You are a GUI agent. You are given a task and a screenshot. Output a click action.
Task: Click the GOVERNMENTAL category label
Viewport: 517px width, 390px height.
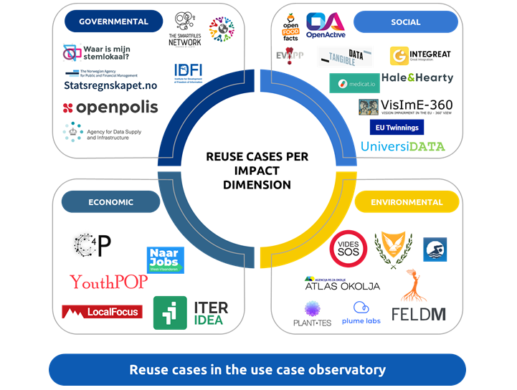tap(114, 22)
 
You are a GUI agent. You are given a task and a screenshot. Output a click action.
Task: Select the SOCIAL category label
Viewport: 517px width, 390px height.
tap(406, 22)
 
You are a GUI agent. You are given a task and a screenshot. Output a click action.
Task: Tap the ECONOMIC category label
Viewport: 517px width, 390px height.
tap(111, 202)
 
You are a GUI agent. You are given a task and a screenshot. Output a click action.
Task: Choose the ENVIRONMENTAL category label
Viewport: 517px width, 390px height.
tap(407, 202)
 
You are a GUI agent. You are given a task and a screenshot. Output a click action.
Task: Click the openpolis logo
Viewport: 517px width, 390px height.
tap(110, 108)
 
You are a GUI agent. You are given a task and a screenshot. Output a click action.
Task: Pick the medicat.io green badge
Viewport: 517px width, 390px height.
tap(354, 83)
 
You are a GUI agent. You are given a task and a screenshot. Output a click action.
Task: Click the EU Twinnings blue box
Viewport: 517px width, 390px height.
tap(397, 127)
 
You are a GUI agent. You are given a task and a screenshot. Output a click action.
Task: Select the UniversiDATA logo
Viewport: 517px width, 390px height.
tap(402, 146)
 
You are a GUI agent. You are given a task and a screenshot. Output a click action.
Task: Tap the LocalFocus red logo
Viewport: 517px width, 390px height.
tap(102, 312)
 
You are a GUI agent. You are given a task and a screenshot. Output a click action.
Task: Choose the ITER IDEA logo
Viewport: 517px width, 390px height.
tap(191, 313)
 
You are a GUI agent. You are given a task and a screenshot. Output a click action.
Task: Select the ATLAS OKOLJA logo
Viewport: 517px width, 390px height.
tap(342, 284)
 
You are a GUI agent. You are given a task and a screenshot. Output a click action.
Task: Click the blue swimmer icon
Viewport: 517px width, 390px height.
tap(435, 249)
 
